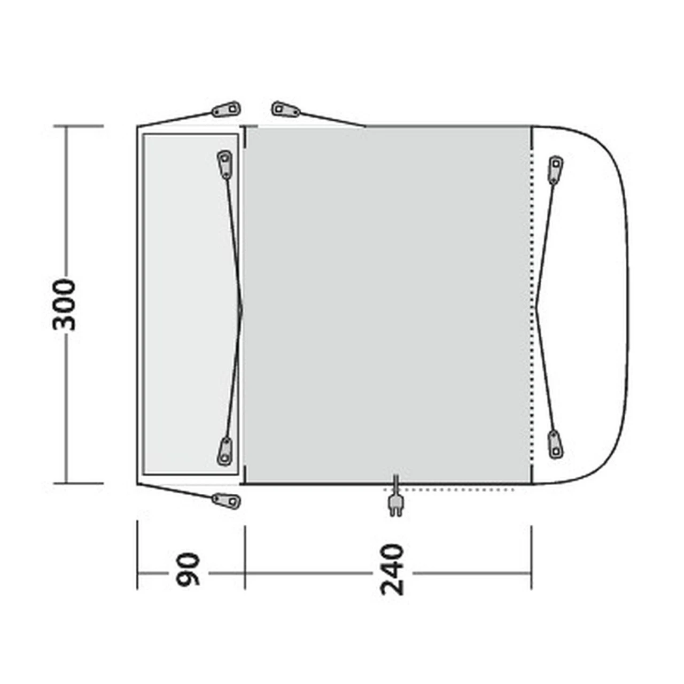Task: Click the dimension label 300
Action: coord(65,305)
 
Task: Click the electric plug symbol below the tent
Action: coord(396,496)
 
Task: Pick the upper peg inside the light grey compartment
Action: coord(224,164)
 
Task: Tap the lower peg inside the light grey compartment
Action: coord(224,452)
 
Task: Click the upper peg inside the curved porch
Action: coord(556,170)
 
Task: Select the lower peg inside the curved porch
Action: coord(556,445)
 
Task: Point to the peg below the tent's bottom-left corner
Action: coord(226,501)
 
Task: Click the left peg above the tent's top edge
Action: coord(226,110)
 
